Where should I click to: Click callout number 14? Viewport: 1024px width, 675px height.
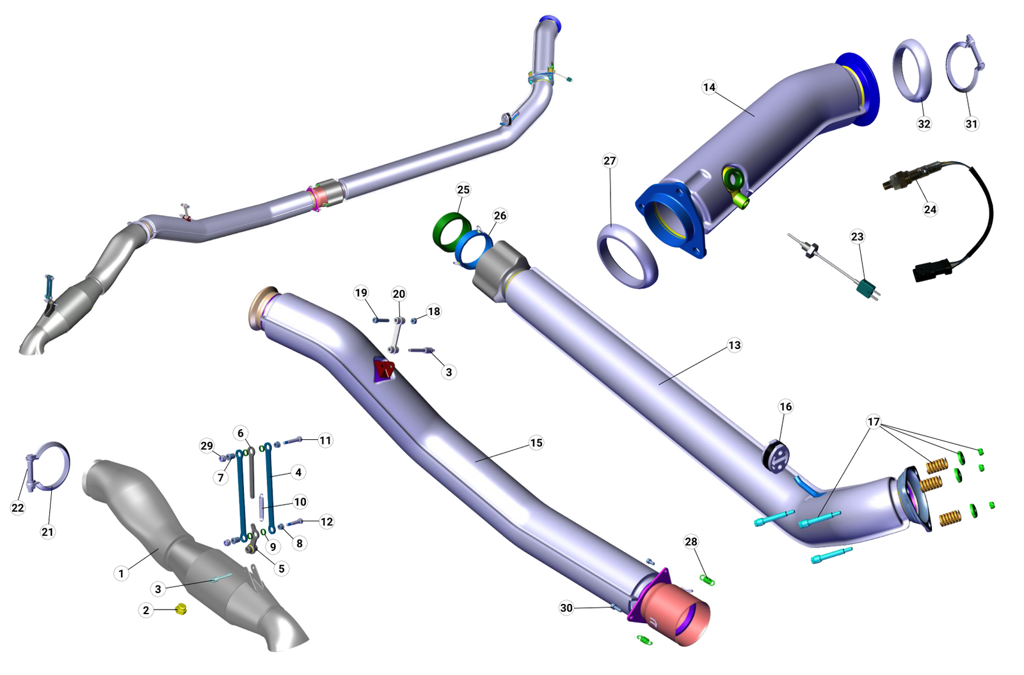click(709, 87)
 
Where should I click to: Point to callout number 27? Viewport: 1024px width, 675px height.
click(609, 161)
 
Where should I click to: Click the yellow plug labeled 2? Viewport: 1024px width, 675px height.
click(180, 609)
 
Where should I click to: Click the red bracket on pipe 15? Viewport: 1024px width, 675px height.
click(385, 369)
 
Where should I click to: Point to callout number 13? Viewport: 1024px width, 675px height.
click(734, 345)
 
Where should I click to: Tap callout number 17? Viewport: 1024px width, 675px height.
click(874, 421)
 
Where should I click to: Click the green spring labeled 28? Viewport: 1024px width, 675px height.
click(707, 580)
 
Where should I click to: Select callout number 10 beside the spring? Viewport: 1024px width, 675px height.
click(300, 501)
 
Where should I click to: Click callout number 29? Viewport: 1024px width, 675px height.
click(206, 446)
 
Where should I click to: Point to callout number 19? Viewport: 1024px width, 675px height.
click(361, 293)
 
